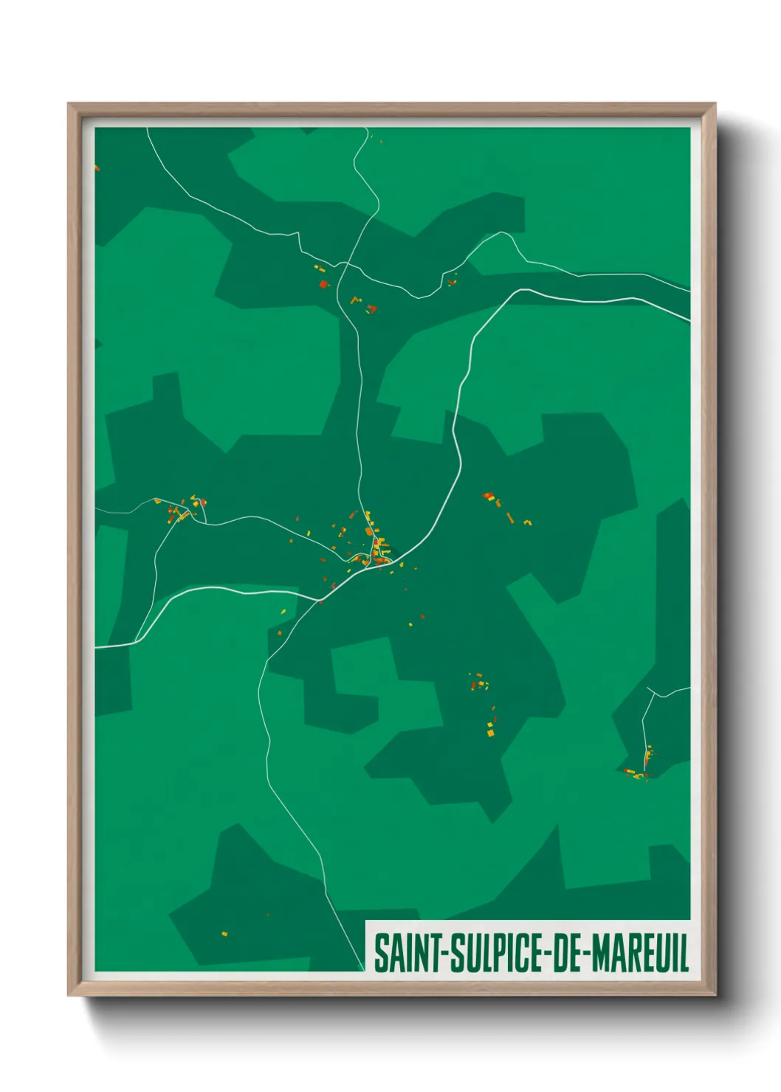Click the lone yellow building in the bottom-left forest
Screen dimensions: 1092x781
tap(224, 934)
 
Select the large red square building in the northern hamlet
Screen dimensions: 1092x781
tap(323, 283)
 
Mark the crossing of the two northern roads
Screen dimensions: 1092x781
tap(347, 263)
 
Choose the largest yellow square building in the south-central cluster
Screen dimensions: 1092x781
tap(489, 733)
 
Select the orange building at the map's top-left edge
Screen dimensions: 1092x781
tap(97, 168)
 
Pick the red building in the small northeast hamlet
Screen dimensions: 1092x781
tap(450, 283)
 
